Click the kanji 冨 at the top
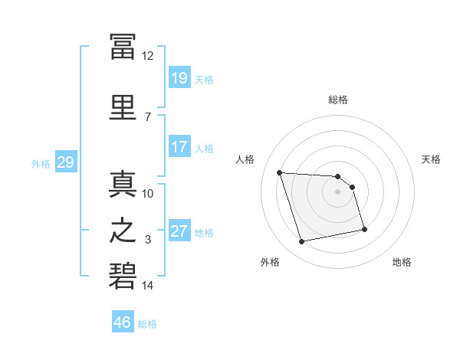pyautogui.click(x=123, y=47)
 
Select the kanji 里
pyautogui.click(x=123, y=107)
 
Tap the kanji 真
pyautogui.click(x=123, y=185)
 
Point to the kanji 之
pyautogui.click(x=123, y=231)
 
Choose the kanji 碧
pyautogui.click(x=123, y=277)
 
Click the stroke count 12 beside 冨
pyautogui.click(x=147, y=56)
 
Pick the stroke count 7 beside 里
pyautogui.click(x=148, y=117)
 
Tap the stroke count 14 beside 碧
pyautogui.click(x=147, y=285)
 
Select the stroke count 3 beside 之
pyautogui.click(x=148, y=240)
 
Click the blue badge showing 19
pyautogui.click(x=180, y=77)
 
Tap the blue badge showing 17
pyautogui.click(x=180, y=146)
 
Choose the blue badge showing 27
pyautogui.click(x=180, y=230)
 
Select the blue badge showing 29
pyautogui.click(x=66, y=162)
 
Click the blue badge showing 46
pyautogui.click(x=123, y=321)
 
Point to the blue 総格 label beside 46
pyautogui.click(x=147, y=324)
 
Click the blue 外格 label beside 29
pyautogui.click(x=41, y=164)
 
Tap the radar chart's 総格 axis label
pyautogui.click(x=338, y=100)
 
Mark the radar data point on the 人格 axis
pyautogui.click(x=280, y=172)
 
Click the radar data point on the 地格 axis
pyautogui.click(x=364, y=229)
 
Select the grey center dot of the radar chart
pyautogui.click(x=337, y=191)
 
